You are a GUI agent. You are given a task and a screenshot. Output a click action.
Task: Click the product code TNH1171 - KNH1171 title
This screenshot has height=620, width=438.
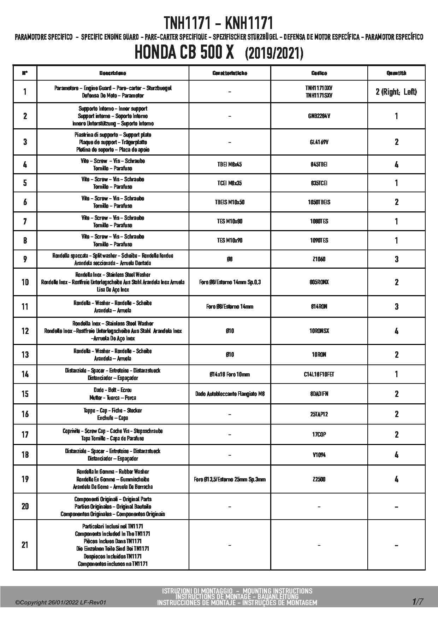(219, 23)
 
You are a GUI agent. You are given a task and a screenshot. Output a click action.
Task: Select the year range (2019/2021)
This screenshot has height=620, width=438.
(274, 54)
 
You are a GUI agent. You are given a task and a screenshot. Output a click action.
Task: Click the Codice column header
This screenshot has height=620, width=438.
(319, 73)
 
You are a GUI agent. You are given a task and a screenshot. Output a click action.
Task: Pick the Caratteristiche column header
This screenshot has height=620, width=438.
(230, 73)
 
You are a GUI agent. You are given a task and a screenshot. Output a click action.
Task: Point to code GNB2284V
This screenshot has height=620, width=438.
(319, 116)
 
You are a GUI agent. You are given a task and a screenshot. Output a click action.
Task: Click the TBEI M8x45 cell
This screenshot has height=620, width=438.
(230, 164)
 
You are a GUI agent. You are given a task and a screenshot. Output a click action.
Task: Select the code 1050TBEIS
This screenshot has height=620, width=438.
(319, 202)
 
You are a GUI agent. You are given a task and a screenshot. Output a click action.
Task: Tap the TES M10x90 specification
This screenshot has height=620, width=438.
(230, 240)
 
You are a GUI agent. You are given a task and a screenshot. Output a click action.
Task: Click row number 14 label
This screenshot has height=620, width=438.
(25, 374)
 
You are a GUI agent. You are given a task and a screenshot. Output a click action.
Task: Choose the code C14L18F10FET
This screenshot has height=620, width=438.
(319, 374)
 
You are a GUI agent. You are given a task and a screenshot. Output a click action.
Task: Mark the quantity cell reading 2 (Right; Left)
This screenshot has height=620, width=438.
(396, 92)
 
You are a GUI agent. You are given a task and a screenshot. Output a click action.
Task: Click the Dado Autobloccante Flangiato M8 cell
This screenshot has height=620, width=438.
(230, 394)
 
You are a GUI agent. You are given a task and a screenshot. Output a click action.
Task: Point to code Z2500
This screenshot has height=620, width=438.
(319, 479)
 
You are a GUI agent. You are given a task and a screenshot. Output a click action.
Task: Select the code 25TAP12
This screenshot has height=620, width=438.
(319, 414)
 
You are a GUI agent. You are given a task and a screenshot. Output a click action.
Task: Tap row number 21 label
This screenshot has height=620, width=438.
(25, 545)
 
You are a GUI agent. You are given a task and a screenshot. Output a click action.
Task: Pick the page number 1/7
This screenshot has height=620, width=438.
(418, 601)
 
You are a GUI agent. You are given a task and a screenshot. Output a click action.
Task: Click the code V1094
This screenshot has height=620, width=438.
(319, 455)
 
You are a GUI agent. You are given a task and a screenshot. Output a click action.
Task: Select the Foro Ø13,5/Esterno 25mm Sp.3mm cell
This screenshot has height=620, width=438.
(230, 479)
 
